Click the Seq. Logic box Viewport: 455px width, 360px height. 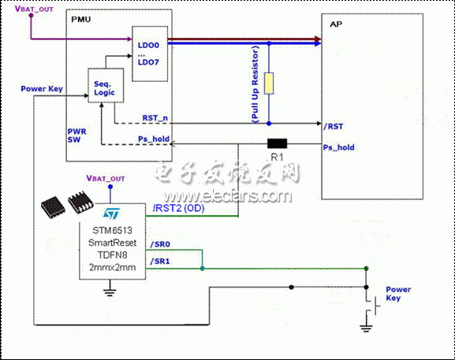pos(104,87)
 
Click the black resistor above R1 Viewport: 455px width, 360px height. pos(277,144)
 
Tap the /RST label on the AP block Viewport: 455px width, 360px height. pos(333,124)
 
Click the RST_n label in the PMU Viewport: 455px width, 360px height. pos(154,117)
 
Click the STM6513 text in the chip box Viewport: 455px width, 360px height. pos(111,229)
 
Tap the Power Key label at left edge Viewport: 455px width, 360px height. pos(42,88)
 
